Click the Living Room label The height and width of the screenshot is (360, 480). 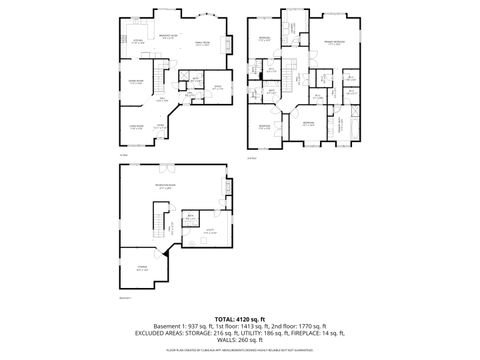pyautogui.click(x=135, y=126)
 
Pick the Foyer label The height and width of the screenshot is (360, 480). pyautogui.click(x=160, y=126)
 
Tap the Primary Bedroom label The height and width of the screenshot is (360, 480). pyautogui.click(x=335, y=43)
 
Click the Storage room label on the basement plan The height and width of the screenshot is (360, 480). pyautogui.click(x=142, y=268)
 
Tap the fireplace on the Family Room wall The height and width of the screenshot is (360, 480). pyautogui.click(x=231, y=45)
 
